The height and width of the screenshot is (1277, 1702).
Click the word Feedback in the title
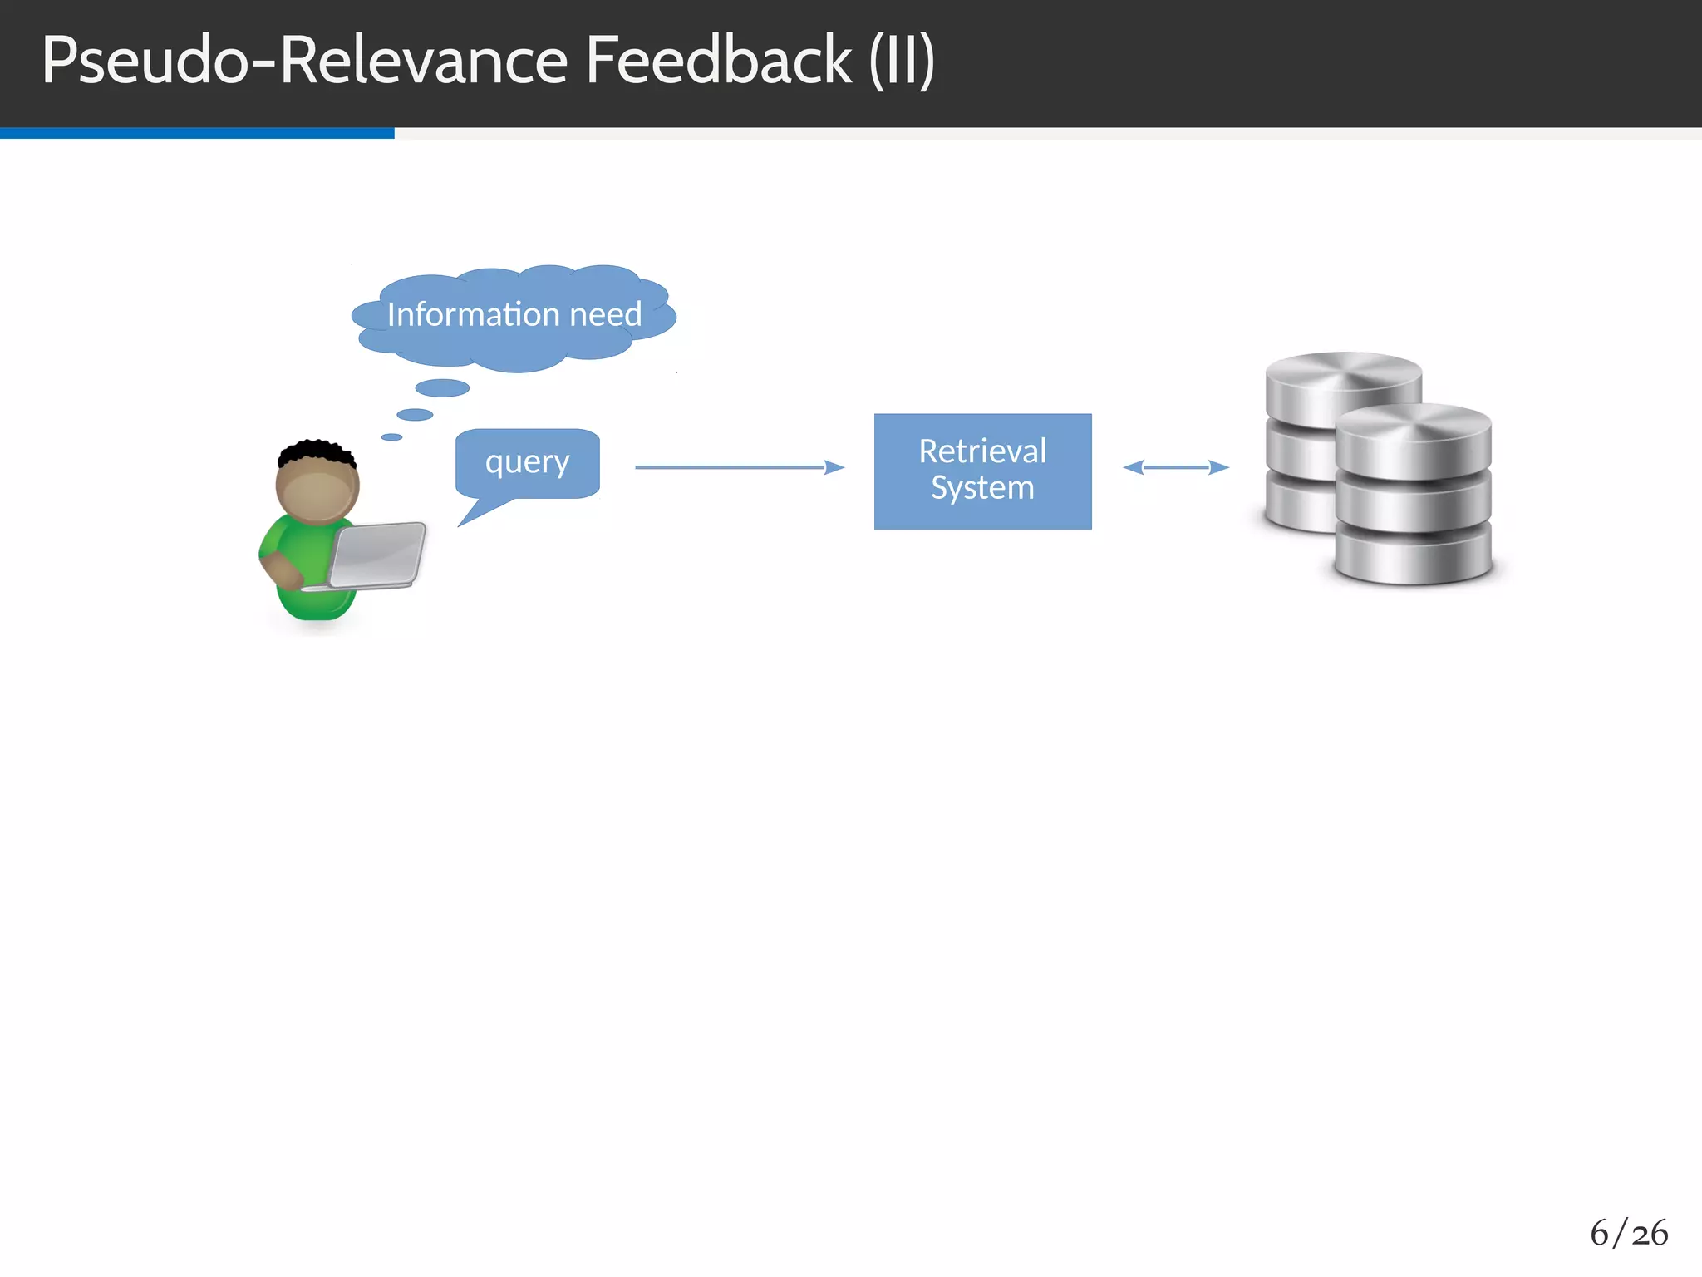[718, 61]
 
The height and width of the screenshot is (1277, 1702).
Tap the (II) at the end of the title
[902, 61]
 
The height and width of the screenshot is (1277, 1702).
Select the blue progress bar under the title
[197, 133]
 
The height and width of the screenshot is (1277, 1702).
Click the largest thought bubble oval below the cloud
[442, 388]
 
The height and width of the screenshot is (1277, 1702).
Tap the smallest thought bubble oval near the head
[391, 437]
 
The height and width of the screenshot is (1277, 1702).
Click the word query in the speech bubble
[527, 461]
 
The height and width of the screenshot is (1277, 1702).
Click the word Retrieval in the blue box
[982, 451]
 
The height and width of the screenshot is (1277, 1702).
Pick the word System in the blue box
[982, 488]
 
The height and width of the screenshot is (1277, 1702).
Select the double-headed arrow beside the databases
[1175, 467]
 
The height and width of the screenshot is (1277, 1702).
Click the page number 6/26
[1628, 1233]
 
